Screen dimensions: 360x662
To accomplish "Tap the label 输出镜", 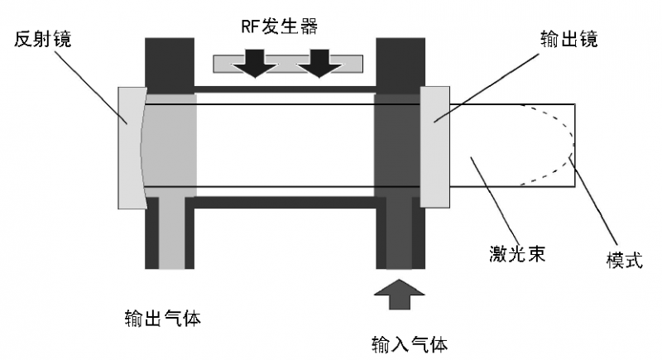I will (568, 39).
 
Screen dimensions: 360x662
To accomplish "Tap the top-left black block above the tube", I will (170, 61).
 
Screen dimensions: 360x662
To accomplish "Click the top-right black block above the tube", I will (401, 61).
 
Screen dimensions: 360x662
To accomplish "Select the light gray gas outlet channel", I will (171, 232).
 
